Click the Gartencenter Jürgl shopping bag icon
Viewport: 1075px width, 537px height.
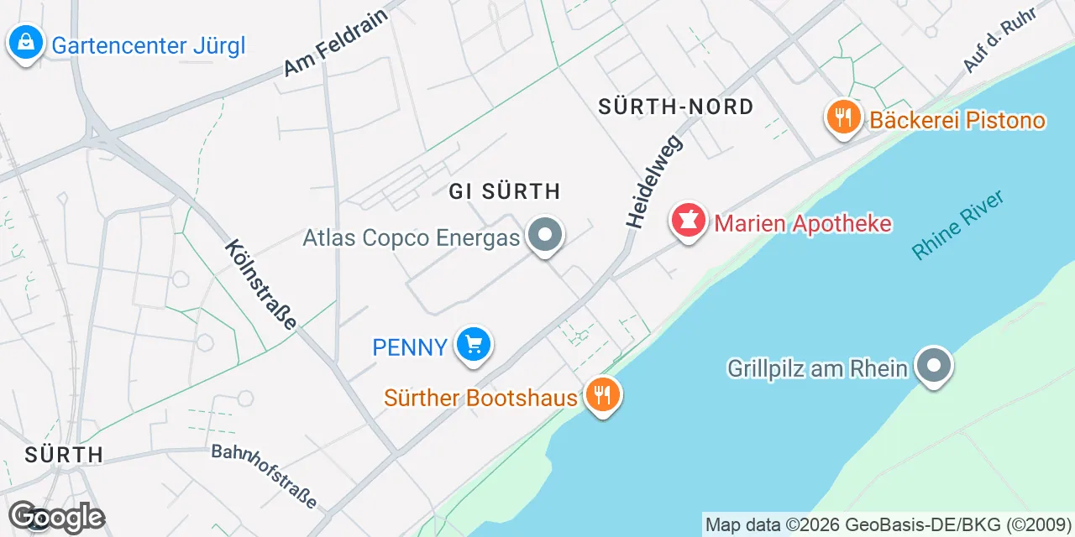[x=26, y=41]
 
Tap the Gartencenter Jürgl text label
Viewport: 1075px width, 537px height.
[x=149, y=45]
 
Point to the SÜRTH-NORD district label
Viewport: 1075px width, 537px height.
[x=675, y=107]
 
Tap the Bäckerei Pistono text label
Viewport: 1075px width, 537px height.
[x=957, y=120]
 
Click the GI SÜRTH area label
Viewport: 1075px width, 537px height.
[x=504, y=191]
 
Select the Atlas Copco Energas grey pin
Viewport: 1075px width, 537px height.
[x=546, y=236]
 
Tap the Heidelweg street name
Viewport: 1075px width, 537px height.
[x=655, y=180]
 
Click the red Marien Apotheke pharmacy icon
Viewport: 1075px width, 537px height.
[x=689, y=222]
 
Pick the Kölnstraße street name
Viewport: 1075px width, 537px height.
[x=261, y=285]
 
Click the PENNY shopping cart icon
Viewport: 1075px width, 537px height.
[x=474, y=344]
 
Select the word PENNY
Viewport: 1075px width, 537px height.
[x=410, y=347]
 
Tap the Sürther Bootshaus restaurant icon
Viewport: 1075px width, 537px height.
[x=601, y=394]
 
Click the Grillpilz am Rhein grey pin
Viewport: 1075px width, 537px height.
[x=933, y=366]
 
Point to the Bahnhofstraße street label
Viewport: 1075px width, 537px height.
[x=265, y=477]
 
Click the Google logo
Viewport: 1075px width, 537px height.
[x=56, y=518]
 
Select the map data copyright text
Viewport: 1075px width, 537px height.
[x=888, y=525]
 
